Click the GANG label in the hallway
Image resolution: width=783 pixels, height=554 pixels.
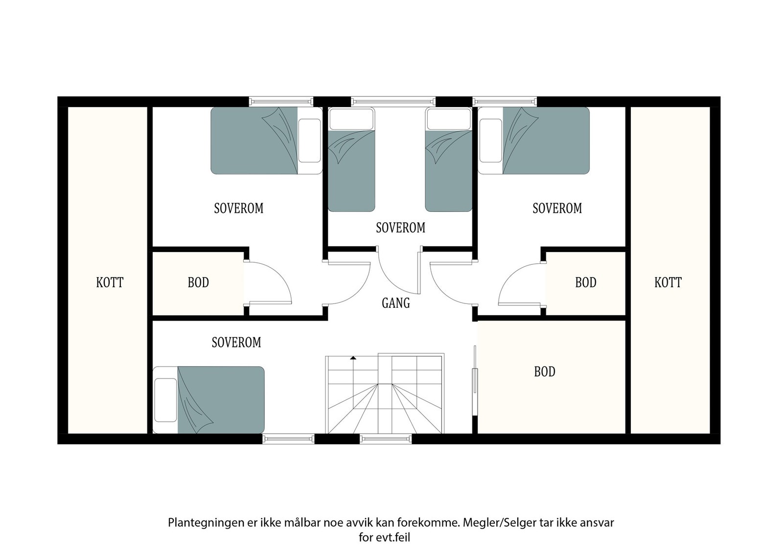click(395, 303)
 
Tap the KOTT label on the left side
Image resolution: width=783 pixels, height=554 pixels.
click(110, 282)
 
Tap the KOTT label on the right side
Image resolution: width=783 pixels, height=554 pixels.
click(668, 282)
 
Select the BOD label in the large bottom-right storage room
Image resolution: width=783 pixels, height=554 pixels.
click(544, 372)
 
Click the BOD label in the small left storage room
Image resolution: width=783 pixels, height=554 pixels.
click(198, 282)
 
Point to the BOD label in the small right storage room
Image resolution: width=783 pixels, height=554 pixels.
click(585, 282)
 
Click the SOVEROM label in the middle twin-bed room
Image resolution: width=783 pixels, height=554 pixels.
click(400, 228)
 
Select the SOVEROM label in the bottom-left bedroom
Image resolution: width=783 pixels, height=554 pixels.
click(236, 342)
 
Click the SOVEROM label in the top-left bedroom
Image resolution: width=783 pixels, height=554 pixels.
click(239, 208)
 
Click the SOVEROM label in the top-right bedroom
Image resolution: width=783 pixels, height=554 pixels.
click(557, 208)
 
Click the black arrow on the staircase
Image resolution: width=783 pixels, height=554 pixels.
click(353, 358)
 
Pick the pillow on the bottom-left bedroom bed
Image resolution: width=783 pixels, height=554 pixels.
click(165, 400)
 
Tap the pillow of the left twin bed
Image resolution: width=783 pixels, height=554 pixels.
click(351, 119)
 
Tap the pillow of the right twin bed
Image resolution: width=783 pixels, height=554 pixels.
click(448, 119)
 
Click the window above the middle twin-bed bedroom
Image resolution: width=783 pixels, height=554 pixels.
click(393, 101)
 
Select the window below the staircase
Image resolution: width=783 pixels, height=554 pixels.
click(386, 439)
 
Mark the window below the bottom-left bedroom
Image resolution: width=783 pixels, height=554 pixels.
click(288, 439)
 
